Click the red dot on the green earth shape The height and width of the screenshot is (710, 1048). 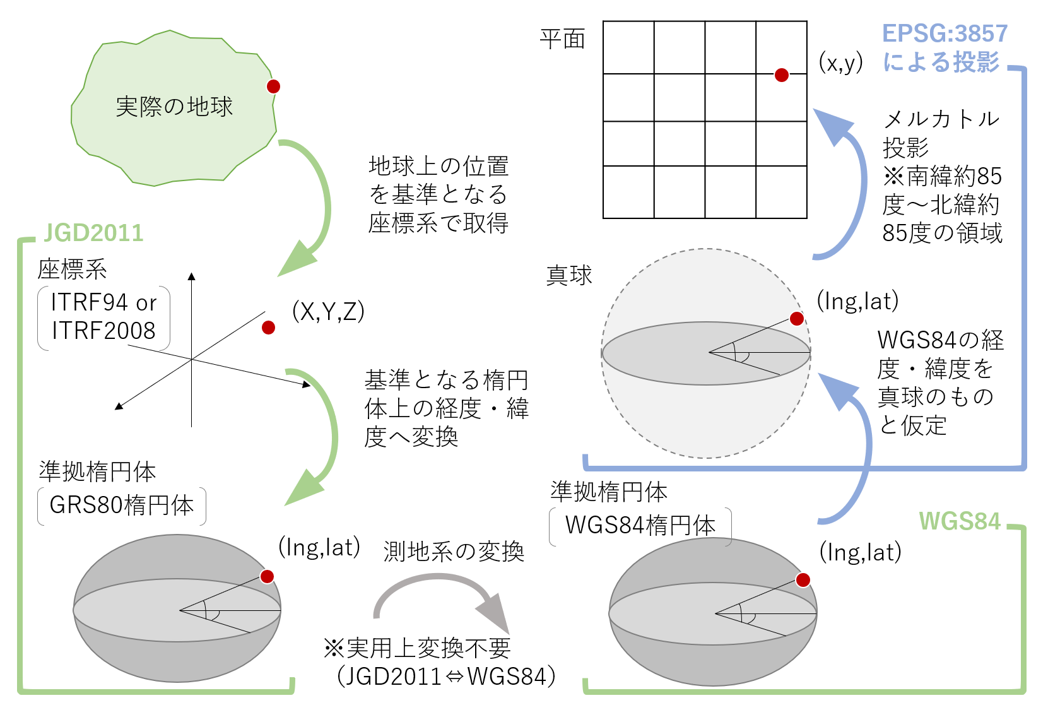coord(273,86)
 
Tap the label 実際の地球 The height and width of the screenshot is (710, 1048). coord(174,107)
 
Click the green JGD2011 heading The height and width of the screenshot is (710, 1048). coord(93,233)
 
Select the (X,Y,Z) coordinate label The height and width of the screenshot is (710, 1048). coord(328,311)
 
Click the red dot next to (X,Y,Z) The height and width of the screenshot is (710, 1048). coord(268,327)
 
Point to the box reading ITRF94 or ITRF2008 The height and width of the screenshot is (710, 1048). coord(103,317)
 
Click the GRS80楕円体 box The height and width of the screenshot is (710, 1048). coord(121,506)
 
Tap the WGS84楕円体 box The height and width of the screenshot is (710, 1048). coord(640,526)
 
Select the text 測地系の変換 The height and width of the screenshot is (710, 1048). coord(454,552)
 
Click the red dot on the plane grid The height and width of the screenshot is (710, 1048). coord(781,75)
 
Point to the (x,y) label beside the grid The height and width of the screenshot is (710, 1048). coord(840,62)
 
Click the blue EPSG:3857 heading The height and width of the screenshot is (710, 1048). coord(944,33)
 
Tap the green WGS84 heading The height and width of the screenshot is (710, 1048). coord(959,521)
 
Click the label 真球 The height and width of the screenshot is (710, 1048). coord(568,276)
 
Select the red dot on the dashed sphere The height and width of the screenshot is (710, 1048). coord(797,318)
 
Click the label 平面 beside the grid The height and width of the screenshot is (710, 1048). coord(562,39)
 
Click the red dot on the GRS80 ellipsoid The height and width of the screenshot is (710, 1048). coord(267,576)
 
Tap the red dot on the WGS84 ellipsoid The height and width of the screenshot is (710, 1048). coord(803,580)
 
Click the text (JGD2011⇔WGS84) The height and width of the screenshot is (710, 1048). coord(446,677)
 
